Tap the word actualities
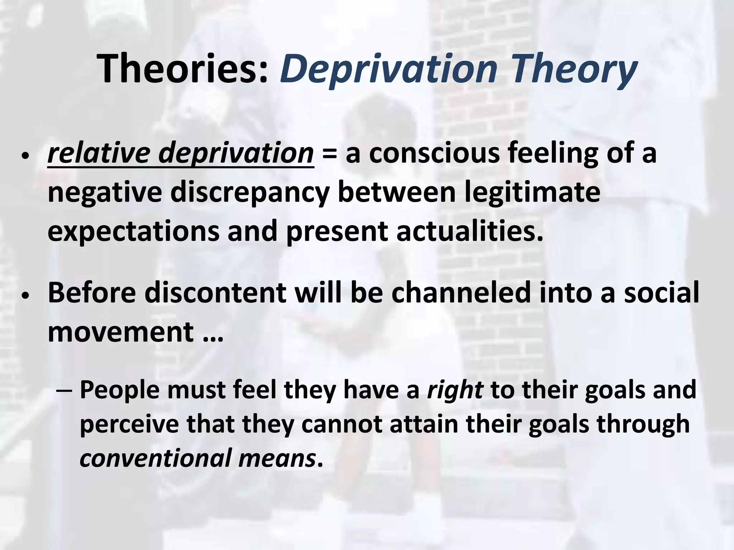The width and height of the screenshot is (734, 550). tap(470, 231)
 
